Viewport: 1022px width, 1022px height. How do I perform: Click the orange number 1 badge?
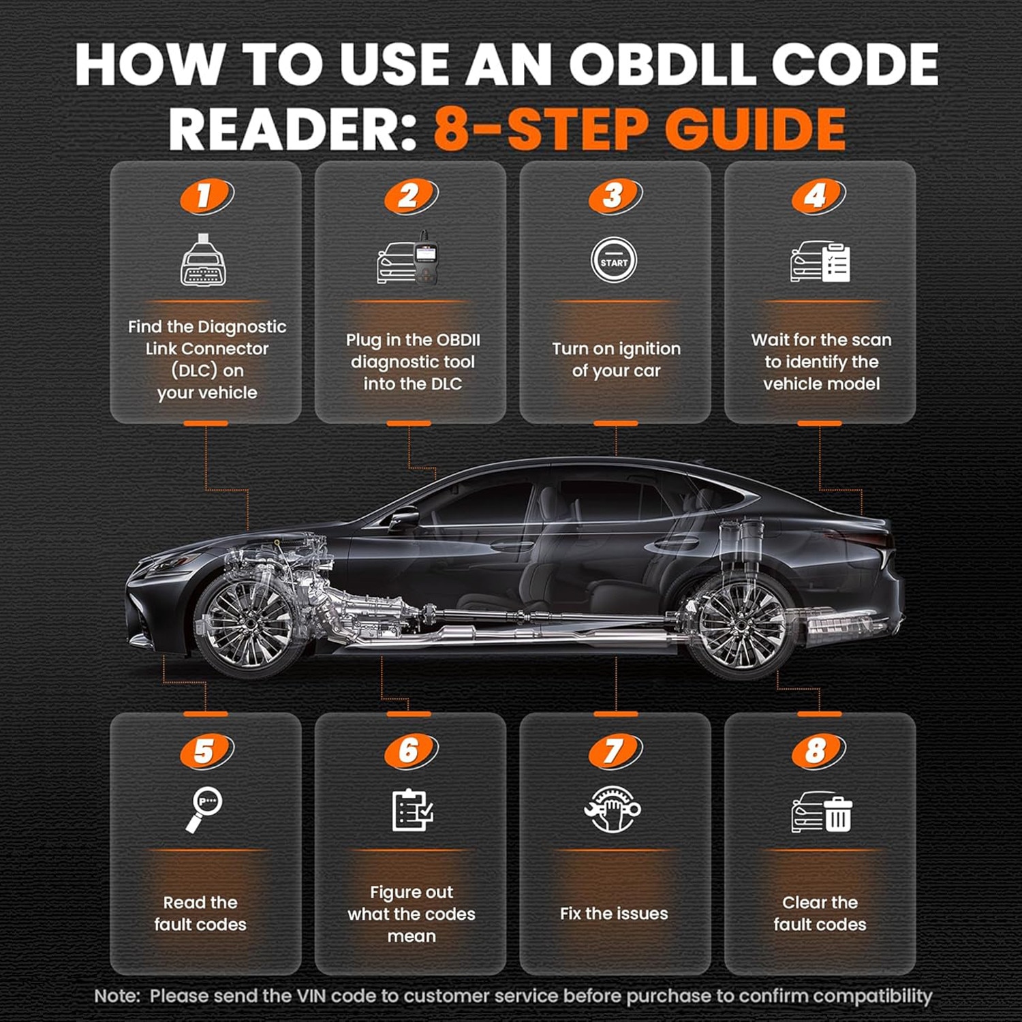(207, 197)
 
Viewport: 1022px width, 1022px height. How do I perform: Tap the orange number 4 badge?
(819, 197)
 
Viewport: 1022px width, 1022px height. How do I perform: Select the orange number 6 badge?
(412, 752)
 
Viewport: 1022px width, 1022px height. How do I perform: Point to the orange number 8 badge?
(819, 752)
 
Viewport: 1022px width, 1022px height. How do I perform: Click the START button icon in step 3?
(614, 260)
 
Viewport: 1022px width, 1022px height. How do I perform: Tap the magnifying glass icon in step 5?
(204, 809)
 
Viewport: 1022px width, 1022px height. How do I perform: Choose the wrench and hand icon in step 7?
(613, 809)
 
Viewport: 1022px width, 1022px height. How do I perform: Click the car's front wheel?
(248, 623)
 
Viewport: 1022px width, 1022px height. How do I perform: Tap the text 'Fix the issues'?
(614, 914)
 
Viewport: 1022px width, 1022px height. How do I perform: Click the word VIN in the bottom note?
(312, 996)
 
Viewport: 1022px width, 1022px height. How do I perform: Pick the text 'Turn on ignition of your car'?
(616, 360)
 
